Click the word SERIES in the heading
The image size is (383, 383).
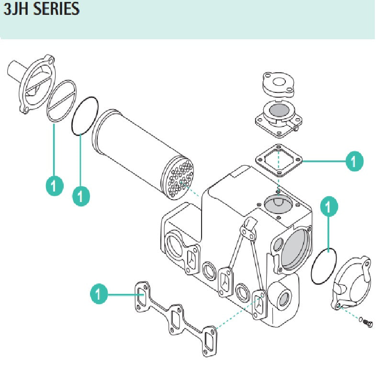[56, 9]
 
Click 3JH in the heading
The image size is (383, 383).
[17, 9]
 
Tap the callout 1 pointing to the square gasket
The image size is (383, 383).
[354, 161]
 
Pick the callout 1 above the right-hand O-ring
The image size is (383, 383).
[328, 207]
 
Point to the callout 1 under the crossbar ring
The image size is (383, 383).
[54, 185]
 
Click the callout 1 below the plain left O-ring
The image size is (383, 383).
[81, 195]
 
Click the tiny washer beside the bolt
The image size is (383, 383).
[361, 319]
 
